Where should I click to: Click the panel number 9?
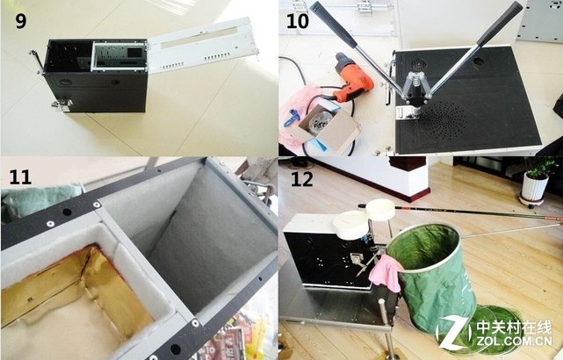point(21,21)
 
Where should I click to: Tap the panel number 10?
point(298,21)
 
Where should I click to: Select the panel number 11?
point(20,177)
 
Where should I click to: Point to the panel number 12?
point(301,179)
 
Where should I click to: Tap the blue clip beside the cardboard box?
point(292,118)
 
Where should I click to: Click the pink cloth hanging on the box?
point(386,273)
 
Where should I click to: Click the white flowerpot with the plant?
point(534,185)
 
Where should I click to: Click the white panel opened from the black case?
point(203,46)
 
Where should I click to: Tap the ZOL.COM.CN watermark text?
point(514,341)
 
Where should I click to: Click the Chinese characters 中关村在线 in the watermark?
point(514,328)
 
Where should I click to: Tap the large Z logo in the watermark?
point(453,333)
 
